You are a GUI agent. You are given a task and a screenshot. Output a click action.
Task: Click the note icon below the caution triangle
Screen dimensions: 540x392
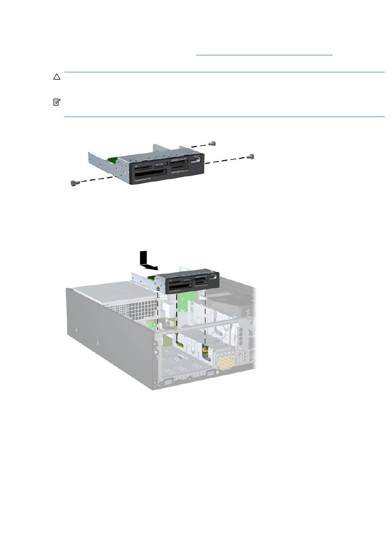pos(56,102)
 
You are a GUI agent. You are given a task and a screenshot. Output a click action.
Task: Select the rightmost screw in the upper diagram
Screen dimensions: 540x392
pos(250,157)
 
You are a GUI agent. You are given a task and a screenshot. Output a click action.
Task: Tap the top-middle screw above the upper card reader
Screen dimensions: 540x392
pos(212,143)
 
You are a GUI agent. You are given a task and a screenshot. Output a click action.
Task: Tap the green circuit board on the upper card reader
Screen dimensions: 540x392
pos(112,159)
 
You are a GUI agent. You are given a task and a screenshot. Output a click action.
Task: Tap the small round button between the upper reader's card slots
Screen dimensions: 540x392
pos(166,164)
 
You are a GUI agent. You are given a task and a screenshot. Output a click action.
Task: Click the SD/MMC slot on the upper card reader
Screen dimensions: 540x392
pos(179,162)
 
